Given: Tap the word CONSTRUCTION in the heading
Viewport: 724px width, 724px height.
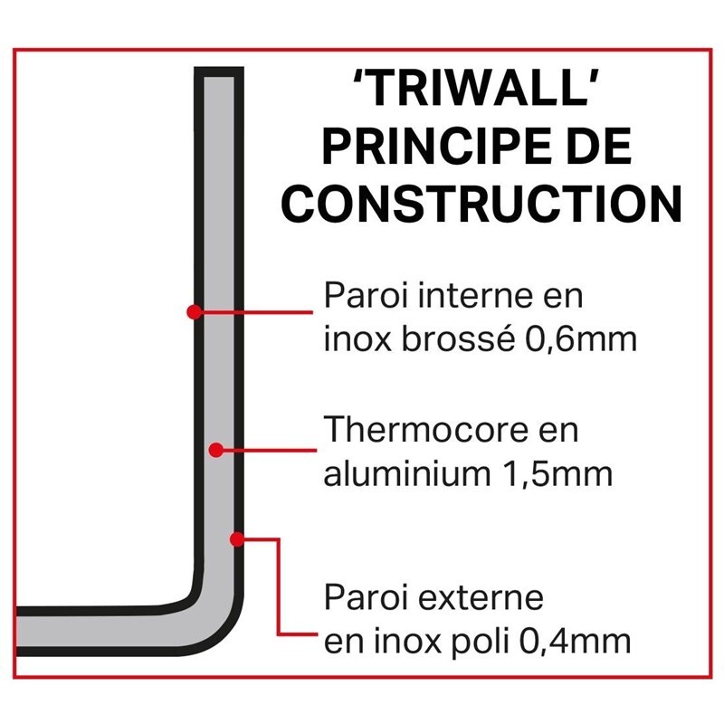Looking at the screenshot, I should point(481,205).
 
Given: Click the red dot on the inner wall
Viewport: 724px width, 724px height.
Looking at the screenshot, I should point(194,311).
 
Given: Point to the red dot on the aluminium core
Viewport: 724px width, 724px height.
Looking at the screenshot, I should point(216,449).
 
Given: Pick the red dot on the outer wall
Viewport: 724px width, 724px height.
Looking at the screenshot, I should point(237,539).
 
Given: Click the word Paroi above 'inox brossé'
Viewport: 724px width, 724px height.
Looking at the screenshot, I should point(359,297).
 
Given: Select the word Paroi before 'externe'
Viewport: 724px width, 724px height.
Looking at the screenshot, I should point(359,598).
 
